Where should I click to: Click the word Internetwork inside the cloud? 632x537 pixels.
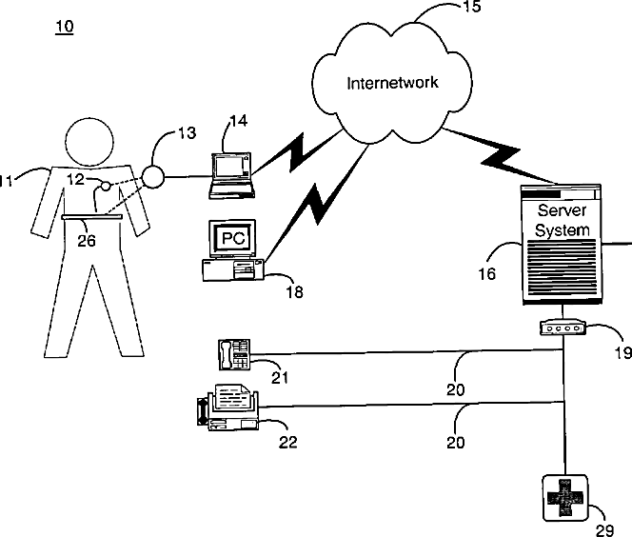pyautogui.click(x=392, y=83)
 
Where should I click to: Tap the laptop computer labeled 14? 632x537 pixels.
pyautogui.click(x=231, y=176)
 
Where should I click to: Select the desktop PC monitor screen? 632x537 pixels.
pyautogui.click(x=233, y=238)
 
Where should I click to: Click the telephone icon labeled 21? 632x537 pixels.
pyautogui.click(x=234, y=354)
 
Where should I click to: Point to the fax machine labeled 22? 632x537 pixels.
pyautogui.click(x=227, y=408)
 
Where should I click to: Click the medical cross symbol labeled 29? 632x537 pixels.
pyautogui.click(x=564, y=498)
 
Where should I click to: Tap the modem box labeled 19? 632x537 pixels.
pyautogui.click(x=563, y=328)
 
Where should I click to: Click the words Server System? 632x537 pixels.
pyautogui.click(x=562, y=220)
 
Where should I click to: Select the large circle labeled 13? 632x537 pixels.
pyautogui.click(x=152, y=176)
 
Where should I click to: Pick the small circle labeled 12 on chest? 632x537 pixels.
pyautogui.click(x=106, y=186)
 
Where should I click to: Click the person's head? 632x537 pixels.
pyautogui.click(x=89, y=142)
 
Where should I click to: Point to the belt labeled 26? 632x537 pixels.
pyautogui.click(x=92, y=217)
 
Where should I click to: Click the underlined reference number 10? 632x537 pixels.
pyautogui.click(x=65, y=27)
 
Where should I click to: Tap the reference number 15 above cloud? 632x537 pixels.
pyautogui.click(x=471, y=6)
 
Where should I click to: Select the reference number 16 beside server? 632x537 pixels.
pyautogui.click(x=486, y=274)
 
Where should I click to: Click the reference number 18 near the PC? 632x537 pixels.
pyautogui.click(x=294, y=292)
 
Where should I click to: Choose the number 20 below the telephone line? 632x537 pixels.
pyautogui.click(x=456, y=389)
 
